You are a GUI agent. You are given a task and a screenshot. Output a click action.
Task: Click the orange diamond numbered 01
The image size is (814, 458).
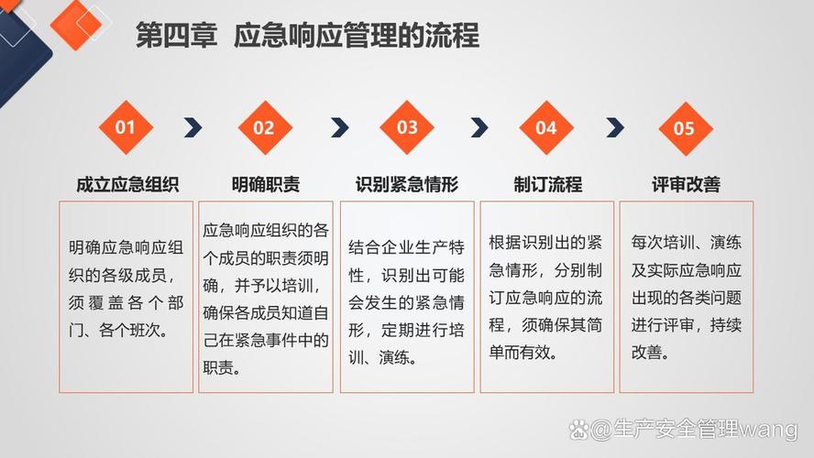click(125, 127)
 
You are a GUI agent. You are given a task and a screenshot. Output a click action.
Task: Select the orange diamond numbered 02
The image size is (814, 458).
click(264, 127)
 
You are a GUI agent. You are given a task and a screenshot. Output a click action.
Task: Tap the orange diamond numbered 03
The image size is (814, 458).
click(407, 127)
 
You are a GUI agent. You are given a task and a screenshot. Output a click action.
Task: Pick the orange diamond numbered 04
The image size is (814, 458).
click(546, 127)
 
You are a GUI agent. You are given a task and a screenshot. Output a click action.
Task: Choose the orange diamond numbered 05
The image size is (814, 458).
click(685, 128)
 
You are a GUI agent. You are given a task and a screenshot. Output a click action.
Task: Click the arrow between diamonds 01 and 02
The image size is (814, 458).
click(193, 127)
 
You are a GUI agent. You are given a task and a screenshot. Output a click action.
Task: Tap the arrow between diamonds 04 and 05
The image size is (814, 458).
click(615, 127)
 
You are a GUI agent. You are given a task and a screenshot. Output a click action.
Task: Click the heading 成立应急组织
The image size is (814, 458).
click(127, 184)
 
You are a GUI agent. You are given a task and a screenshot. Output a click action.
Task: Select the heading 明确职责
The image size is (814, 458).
click(266, 184)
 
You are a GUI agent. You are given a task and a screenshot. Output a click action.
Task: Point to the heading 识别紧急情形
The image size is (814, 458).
click(407, 184)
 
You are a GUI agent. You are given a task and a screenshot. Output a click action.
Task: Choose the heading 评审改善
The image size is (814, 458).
click(686, 184)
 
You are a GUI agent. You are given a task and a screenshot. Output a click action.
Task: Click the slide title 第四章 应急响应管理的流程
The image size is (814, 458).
click(307, 37)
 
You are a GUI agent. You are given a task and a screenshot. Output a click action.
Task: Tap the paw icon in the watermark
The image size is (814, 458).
click(579, 428)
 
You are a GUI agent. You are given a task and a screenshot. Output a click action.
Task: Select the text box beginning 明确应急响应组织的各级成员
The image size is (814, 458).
click(126, 297)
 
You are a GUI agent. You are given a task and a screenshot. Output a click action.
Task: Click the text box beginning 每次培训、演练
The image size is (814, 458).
click(687, 297)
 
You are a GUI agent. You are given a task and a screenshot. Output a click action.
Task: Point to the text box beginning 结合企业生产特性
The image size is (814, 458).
click(407, 297)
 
